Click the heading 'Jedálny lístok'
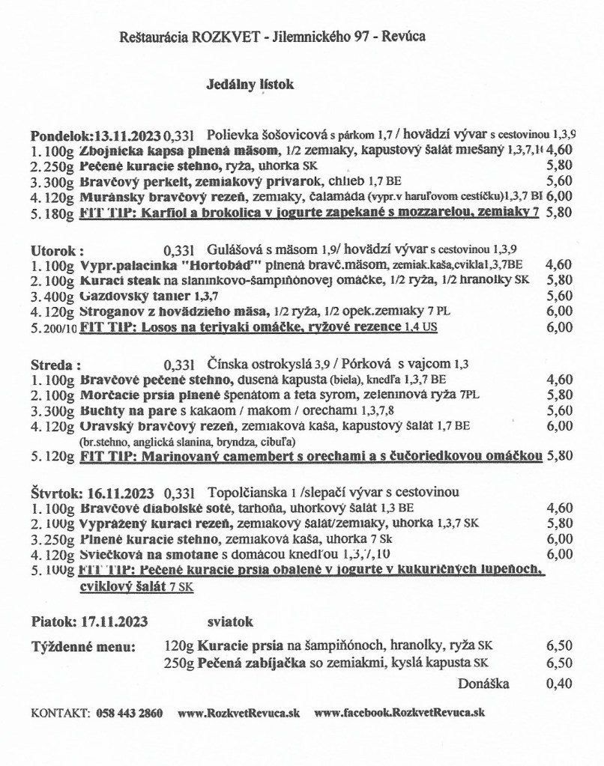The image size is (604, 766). point(250,85)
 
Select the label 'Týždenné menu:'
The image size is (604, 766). point(83,646)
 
